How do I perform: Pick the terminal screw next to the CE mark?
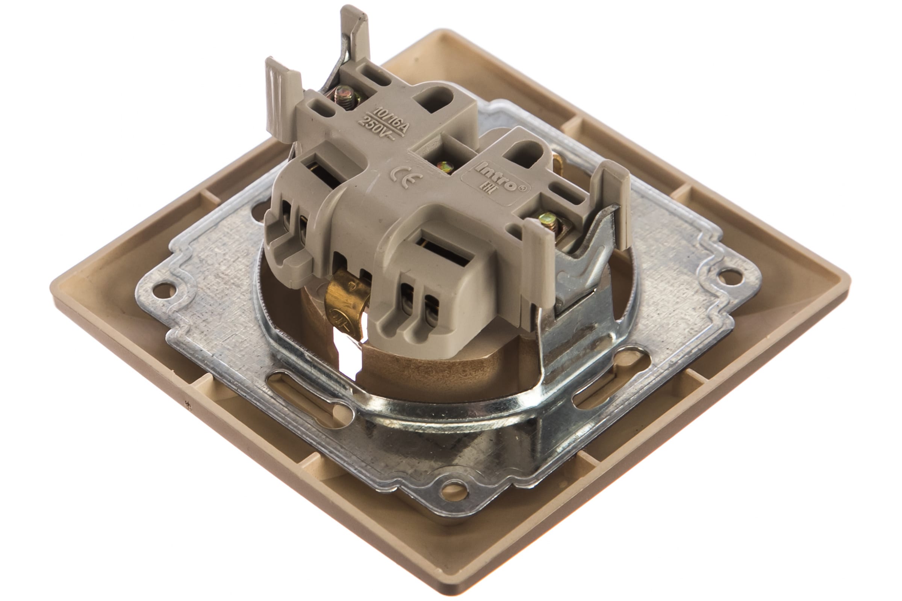(x=445, y=167)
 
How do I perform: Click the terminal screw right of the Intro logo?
(x=547, y=220)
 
